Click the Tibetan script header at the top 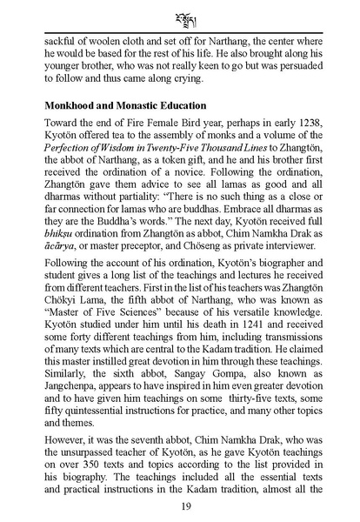point(180,17)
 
